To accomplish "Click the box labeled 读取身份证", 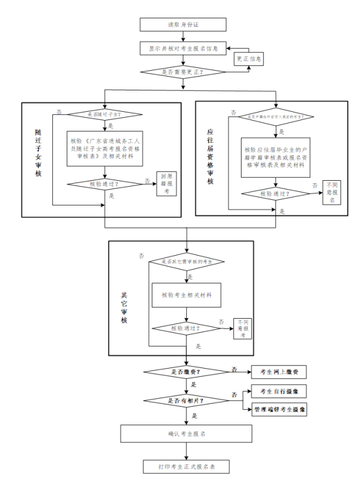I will (182, 24).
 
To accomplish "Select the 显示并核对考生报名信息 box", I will (182, 48).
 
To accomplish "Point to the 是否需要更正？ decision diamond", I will (182, 72).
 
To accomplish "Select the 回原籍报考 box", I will (167, 184).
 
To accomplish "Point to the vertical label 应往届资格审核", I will (210, 156).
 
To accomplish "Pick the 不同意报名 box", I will (331, 192).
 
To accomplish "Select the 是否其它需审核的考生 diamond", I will (187, 262).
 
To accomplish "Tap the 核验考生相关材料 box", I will (187, 294).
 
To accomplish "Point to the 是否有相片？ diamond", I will (186, 400).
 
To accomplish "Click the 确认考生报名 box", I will (187, 434).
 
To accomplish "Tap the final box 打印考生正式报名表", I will (187, 466).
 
